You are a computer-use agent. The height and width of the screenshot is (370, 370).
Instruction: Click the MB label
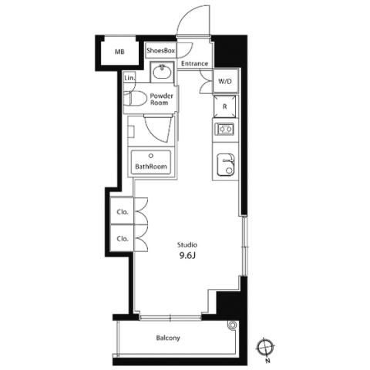[x=119, y=52]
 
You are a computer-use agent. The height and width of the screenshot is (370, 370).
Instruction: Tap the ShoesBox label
[x=161, y=51]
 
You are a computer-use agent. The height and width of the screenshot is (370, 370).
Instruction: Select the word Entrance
[x=194, y=63]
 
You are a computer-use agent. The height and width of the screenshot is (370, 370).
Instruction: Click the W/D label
[x=225, y=82]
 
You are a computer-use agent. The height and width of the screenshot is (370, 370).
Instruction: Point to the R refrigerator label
[x=225, y=106]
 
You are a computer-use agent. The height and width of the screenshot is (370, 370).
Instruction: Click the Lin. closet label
[x=129, y=78]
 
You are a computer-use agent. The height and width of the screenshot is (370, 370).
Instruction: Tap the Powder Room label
[x=161, y=99]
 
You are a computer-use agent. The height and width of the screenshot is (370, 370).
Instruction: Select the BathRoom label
[x=151, y=166]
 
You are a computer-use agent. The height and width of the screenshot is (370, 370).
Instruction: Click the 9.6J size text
[x=187, y=256]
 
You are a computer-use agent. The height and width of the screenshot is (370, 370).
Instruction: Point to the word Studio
[x=187, y=244]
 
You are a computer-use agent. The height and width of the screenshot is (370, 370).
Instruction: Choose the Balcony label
[x=168, y=338]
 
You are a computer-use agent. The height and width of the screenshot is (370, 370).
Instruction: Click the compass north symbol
[x=266, y=348]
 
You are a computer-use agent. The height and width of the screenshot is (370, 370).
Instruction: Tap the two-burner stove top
[x=226, y=129]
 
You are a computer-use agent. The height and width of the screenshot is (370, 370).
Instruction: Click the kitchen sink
[x=225, y=165]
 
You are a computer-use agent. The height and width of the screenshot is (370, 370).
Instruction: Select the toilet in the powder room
[x=131, y=99]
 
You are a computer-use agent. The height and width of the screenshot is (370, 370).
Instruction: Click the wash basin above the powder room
[x=162, y=72]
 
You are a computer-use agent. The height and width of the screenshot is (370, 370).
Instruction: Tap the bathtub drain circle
[x=151, y=156]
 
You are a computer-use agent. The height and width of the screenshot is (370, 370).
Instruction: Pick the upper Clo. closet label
[x=123, y=212]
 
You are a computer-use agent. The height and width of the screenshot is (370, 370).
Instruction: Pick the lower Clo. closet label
[x=123, y=239]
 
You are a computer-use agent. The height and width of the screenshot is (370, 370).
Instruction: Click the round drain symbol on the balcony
[x=233, y=325]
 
